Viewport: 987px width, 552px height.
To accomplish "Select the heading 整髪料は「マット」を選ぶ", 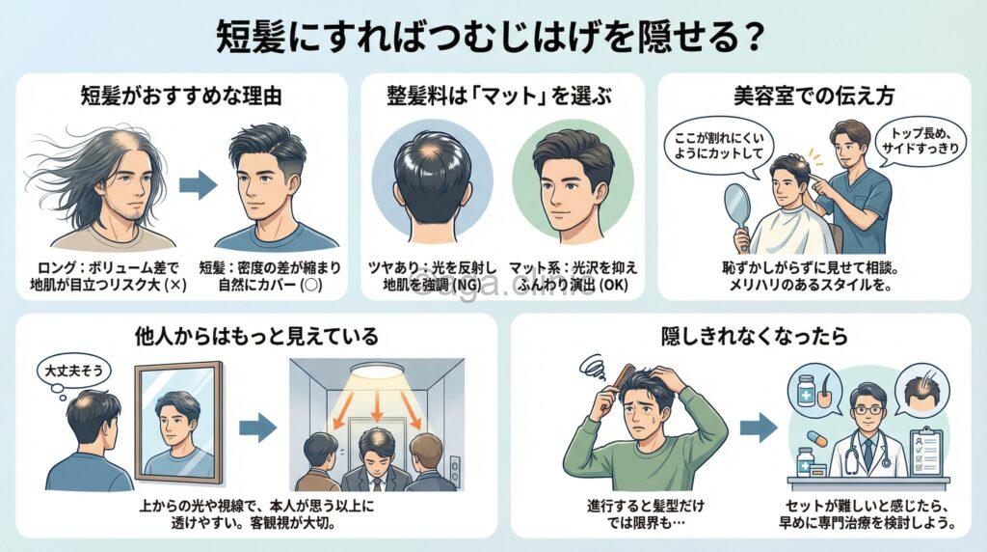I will [x=494, y=97].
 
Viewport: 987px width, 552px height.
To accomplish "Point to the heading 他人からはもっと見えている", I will [x=256, y=336].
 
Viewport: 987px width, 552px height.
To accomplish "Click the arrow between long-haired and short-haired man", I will [x=198, y=186].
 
